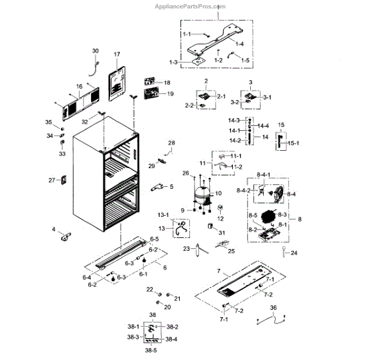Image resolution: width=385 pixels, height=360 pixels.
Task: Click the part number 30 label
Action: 96,51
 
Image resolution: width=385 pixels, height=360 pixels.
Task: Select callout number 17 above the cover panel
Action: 117,55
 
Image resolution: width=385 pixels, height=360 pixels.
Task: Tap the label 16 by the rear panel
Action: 79,86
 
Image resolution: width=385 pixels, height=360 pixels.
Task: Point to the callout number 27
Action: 52,180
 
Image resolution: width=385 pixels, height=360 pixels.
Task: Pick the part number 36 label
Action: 273,308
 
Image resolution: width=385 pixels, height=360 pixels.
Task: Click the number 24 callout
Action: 295,253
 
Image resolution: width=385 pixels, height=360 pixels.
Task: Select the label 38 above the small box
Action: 152,315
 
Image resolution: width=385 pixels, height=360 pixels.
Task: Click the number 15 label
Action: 280,124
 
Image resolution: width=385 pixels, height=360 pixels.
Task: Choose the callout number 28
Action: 171,142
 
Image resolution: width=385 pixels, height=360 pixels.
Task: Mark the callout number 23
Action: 186,249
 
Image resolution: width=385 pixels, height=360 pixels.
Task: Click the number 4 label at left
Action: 54,228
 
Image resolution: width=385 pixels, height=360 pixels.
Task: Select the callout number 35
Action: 48,122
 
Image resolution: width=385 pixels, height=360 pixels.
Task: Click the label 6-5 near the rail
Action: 155,239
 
